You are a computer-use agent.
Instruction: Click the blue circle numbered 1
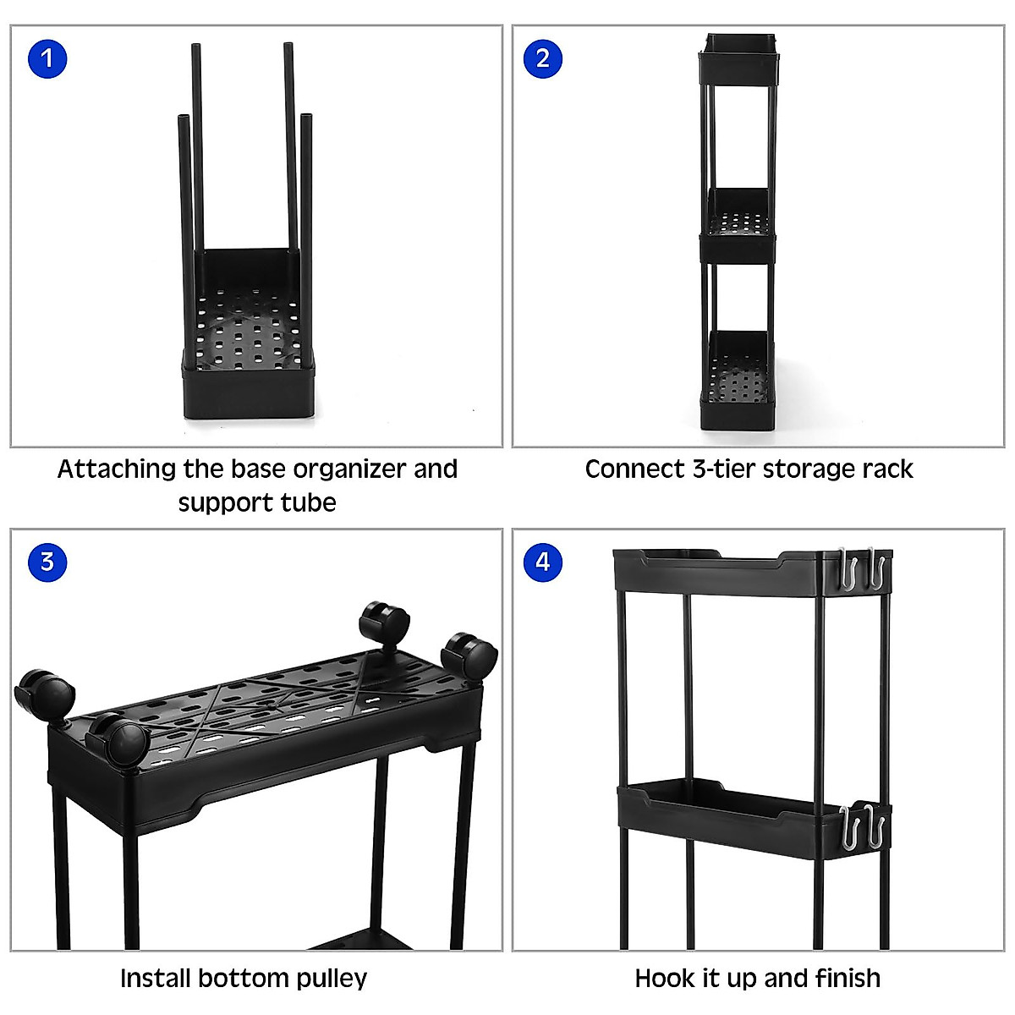(47, 58)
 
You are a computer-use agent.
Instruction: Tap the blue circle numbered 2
(542, 58)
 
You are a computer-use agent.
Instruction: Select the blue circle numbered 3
(47, 562)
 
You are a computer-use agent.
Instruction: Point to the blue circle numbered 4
(542, 562)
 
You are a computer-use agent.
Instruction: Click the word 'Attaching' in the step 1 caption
(117, 469)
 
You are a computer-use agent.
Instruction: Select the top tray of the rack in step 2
(738, 56)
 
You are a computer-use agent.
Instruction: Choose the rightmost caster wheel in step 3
(470, 655)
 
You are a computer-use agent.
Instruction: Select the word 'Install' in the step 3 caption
(156, 979)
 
